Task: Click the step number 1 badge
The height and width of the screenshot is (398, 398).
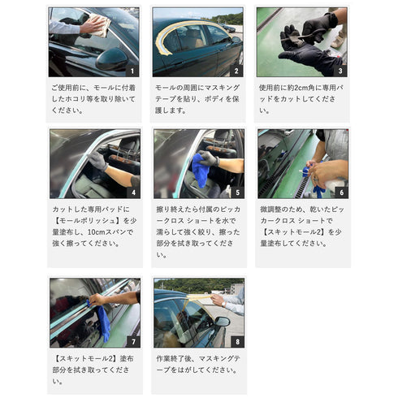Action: coord(133,71)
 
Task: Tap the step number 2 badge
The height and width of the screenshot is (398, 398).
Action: coord(236,71)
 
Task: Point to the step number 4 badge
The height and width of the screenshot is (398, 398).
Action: coord(133,193)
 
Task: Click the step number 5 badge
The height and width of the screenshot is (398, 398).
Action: coord(236,193)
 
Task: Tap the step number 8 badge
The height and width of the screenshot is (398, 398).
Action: coord(236,342)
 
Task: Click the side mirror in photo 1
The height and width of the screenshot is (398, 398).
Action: coord(110,58)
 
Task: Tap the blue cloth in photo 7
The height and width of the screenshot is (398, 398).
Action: coord(102,323)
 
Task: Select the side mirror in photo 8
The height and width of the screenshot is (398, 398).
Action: coord(221,321)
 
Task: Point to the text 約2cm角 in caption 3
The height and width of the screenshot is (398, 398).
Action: coord(304,86)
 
